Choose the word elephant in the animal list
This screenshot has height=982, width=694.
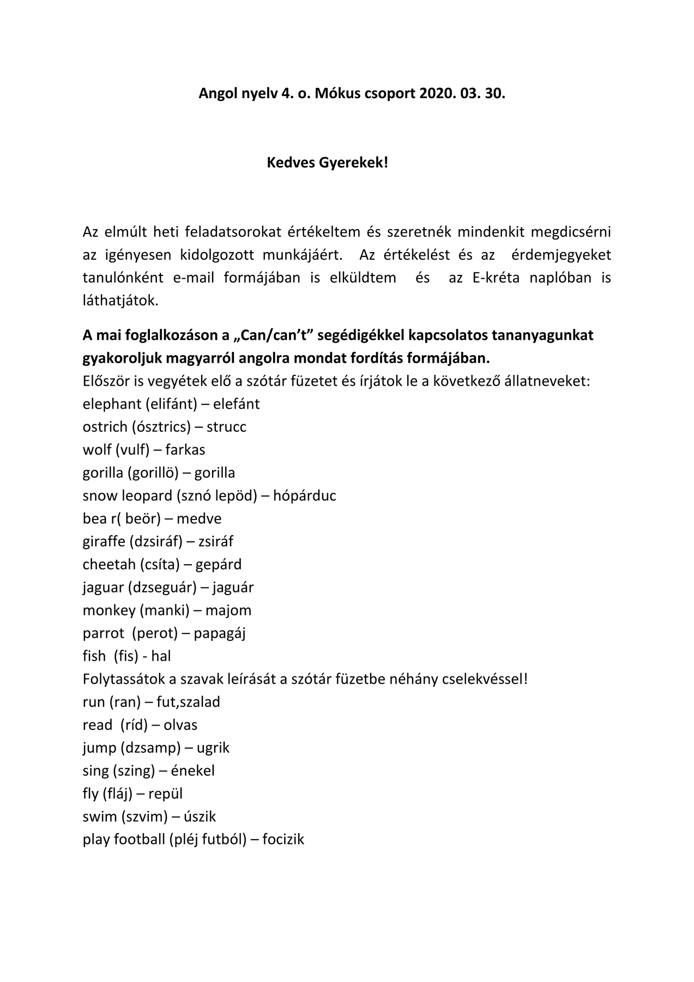click(x=112, y=404)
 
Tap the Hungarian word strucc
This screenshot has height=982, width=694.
click(x=226, y=427)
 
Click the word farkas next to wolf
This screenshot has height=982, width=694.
click(x=185, y=450)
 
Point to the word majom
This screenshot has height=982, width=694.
click(x=228, y=610)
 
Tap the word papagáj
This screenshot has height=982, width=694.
click(x=220, y=633)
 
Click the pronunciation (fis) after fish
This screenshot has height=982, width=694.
click(x=126, y=656)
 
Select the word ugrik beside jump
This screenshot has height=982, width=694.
click(x=213, y=748)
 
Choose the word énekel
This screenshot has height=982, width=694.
click(x=193, y=771)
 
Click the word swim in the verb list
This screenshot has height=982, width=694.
click(x=100, y=817)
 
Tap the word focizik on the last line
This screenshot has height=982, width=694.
click(x=283, y=840)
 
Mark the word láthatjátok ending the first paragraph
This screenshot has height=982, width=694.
click(x=120, y=301)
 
